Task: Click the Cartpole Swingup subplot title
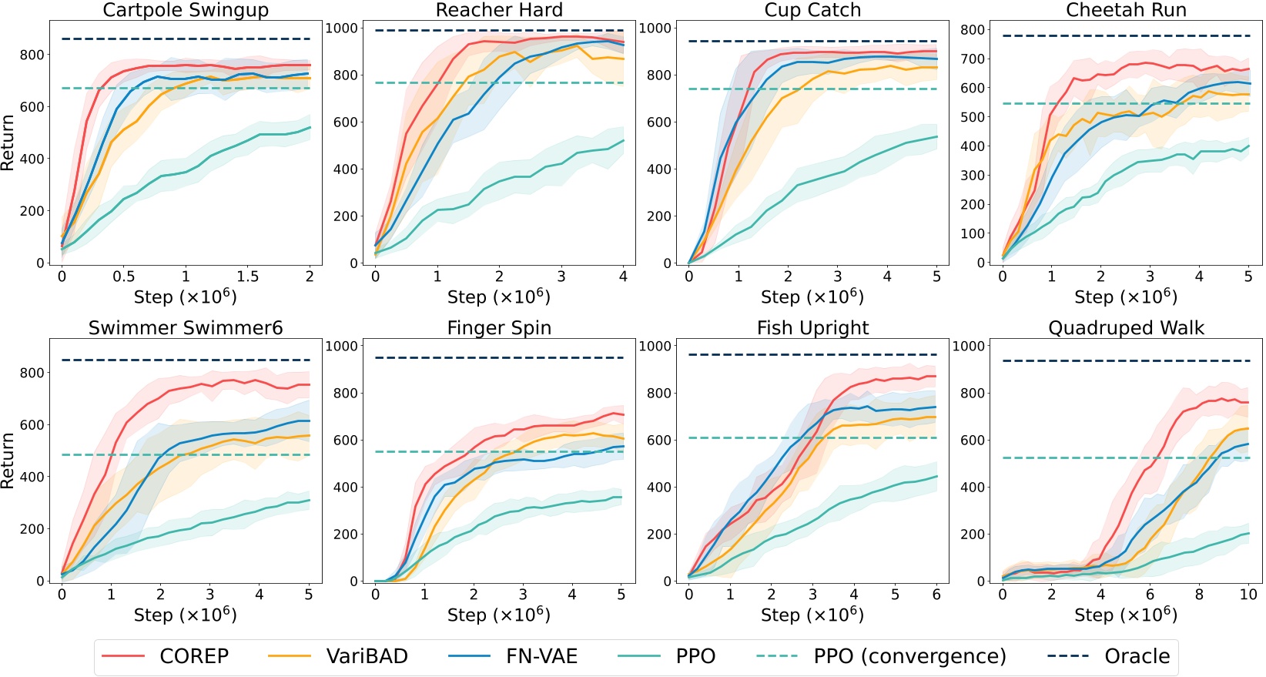tap(186, 10)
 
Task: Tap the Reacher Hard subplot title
tap(499, 10)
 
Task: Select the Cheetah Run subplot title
tap(1126, 10)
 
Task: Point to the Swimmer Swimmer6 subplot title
tap(186, 328)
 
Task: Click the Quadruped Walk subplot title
tap(1126, 328)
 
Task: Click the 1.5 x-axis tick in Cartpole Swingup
tap(247, 276)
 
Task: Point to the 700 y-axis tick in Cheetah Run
tap(973, 59)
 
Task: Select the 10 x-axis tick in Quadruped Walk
tap(1248, 595)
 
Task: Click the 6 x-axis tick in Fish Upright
tap(936, 595)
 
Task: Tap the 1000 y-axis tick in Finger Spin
tap(342, 346)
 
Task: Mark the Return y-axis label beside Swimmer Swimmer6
tap(8, 461)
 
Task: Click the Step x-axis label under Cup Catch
tap(812, 297)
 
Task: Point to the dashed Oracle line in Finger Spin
tap(499, 357)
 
